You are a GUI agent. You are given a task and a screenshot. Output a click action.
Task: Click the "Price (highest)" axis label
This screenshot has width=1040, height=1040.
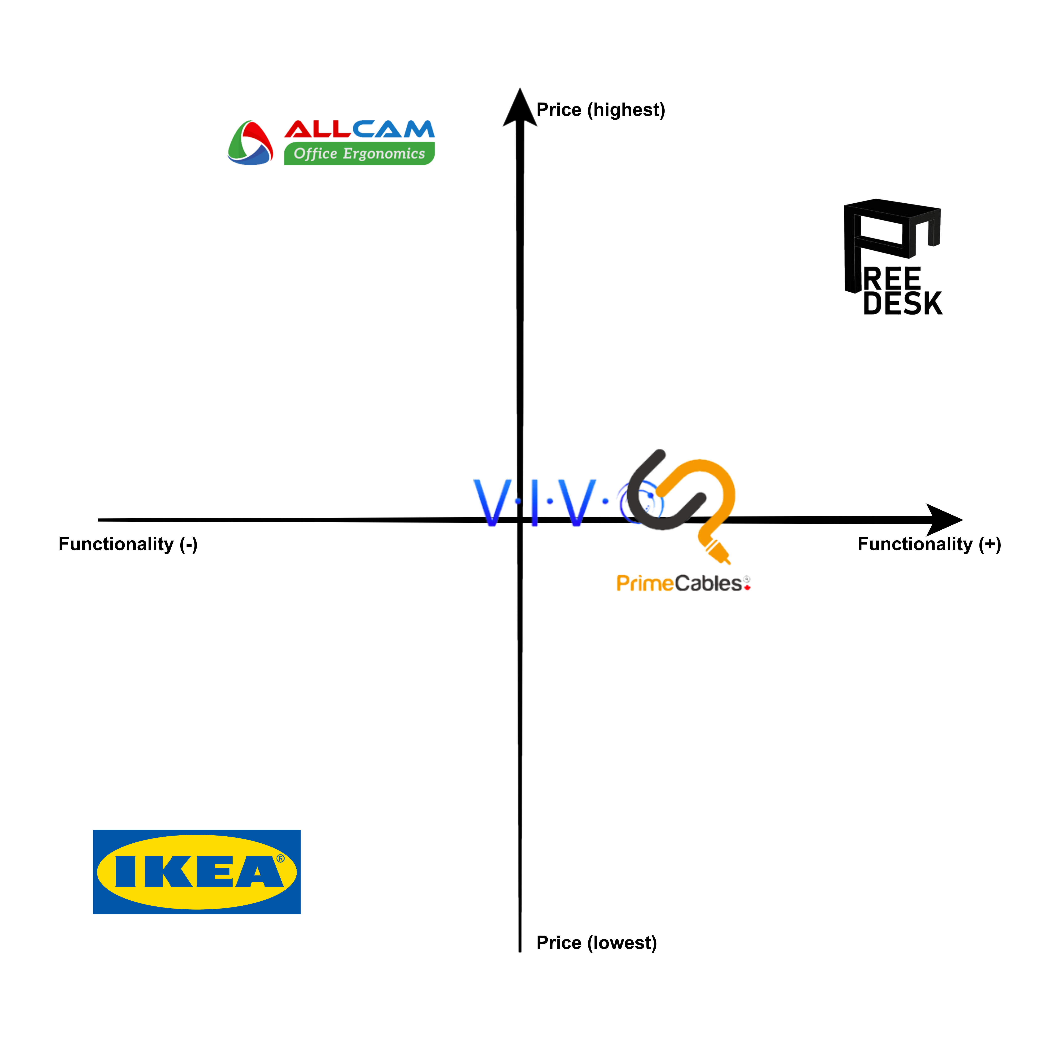tap(601, 110)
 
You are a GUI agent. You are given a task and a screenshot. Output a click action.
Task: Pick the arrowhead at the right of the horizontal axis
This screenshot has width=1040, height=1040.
tap(943, 519)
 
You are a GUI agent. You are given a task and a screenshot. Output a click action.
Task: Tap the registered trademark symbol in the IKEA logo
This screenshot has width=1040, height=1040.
tap(280, 859)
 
